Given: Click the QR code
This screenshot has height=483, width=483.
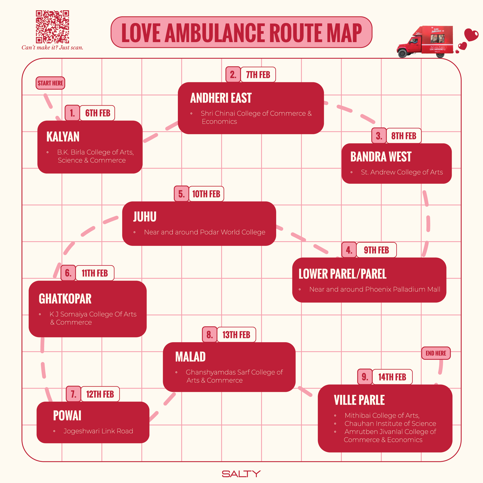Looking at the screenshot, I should point(52,26).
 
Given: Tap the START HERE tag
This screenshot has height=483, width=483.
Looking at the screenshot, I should point(50,83).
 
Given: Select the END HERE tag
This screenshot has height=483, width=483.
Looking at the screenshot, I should point(436,353).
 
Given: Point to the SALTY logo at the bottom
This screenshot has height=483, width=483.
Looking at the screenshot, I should point(241,474).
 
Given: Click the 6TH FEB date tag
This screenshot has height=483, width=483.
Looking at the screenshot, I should point(98,113).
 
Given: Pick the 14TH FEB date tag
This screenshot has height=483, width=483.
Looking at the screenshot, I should point(392,377).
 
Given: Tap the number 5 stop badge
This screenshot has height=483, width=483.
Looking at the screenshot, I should point(182,194).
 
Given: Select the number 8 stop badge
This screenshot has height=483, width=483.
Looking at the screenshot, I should point(210,334).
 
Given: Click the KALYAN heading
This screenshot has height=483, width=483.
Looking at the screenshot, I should point(63,137).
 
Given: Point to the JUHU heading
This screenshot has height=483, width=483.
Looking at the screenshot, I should point(145,216).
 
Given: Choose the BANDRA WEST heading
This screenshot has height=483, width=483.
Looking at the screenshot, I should point(381,157).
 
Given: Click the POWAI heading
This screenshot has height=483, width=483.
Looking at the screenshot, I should point(67,415).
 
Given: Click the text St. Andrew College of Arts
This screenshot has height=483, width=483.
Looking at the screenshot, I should point(402,172).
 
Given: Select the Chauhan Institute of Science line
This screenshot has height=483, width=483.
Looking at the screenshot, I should point(390,424).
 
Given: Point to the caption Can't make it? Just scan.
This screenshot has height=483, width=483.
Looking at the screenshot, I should point(52,48).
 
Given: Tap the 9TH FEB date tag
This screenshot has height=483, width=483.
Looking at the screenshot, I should point(376,250).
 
